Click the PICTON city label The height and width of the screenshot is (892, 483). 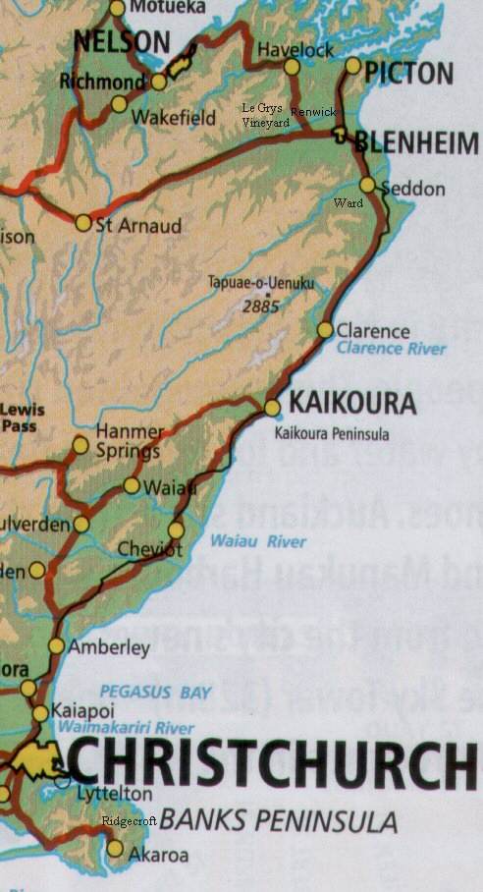[x=409, y=73]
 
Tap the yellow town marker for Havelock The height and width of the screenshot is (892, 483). [x=292, y=66]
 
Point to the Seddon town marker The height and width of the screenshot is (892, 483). [x=367, y=184]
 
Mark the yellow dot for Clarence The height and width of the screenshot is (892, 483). [x=325, y=330]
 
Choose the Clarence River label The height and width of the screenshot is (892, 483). [x=391, y=349]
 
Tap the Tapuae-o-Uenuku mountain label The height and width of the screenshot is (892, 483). [x=261, y=283]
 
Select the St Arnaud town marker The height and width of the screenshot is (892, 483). [x=83, y=223]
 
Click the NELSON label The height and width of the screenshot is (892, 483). [x=122, y=41]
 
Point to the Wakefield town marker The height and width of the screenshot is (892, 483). [x=119, y=104]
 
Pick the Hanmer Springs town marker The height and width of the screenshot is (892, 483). [x=80, y=446]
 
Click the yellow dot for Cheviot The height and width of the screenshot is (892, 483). [x=176, y=530]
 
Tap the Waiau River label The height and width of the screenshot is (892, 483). [x=258, y=541]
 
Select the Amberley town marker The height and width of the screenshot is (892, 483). [x=56, y=645]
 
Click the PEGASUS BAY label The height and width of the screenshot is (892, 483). [x=154, y=693]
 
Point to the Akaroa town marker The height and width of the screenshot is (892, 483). [x=116, y=848]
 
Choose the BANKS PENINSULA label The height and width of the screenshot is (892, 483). [x=279, y=819]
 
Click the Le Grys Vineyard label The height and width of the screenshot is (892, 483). [x=265, y=115]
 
